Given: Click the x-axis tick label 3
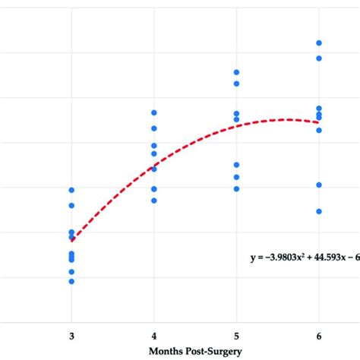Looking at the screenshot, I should point(72,335).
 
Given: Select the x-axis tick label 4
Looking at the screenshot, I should point(154,335).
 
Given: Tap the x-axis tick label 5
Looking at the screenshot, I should point(236,335).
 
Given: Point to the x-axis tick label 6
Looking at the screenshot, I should point(319,335).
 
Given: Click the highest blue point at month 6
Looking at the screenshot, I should point(319,43).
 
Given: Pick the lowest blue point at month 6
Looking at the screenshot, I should point(319,211).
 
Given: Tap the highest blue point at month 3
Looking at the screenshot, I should point(72,190).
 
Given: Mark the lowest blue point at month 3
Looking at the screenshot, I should point(72,281).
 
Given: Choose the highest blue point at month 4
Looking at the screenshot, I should point(154,112).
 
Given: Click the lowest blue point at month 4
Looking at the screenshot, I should point(154,201).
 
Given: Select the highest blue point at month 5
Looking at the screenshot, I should point(236,72).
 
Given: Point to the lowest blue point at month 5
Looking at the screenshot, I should point(236,188).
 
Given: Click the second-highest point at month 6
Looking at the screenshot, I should point(319,58).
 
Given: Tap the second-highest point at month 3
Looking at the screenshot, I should point(72,206).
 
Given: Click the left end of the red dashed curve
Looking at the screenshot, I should point(72,239).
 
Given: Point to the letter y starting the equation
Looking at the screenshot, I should point(254,259).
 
